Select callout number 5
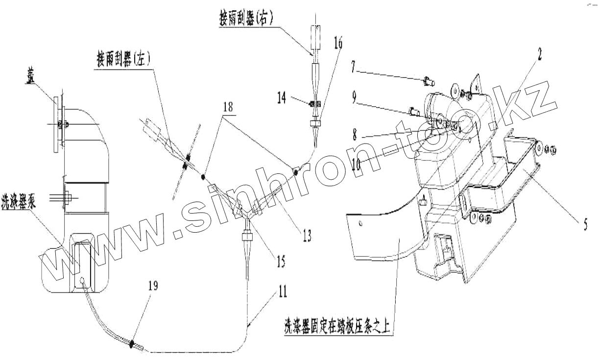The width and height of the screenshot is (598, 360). pos(585,225)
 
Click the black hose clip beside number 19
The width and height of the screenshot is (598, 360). pos(132,344)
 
